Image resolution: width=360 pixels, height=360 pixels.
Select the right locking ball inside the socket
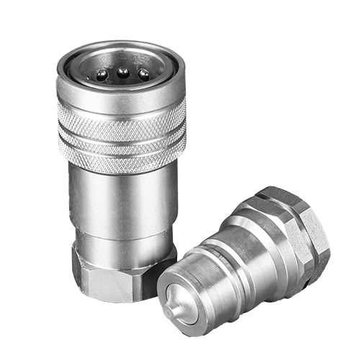pos(143,73)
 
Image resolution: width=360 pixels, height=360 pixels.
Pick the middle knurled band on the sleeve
pos(120,140)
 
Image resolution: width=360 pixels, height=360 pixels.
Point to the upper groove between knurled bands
pos(120,130)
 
